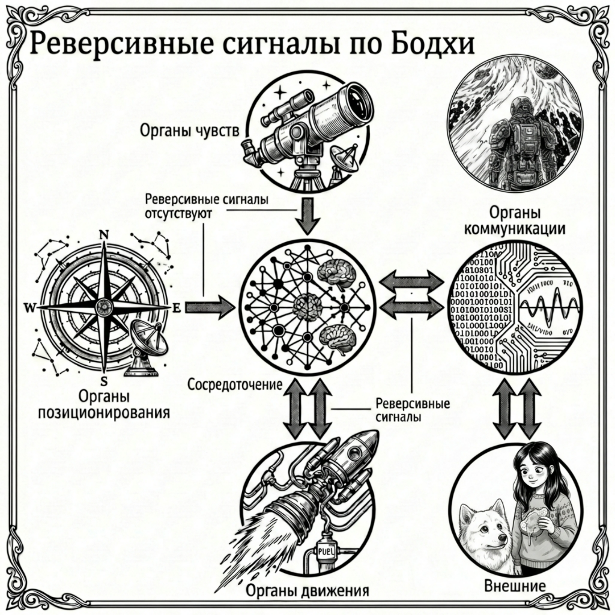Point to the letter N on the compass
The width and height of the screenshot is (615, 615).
tap(103, 235)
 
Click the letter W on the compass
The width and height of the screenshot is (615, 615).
tap(28, 307)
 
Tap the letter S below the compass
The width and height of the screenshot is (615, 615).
tap(103, 381)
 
